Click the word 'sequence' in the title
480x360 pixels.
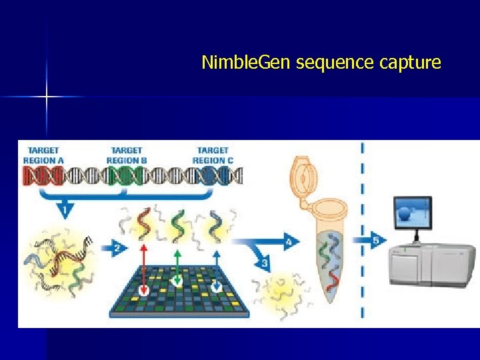pos(335,63)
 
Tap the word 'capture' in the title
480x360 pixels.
pos(410,63)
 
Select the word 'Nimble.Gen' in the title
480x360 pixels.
pos(247,63)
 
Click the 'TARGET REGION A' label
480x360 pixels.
pos(43,155)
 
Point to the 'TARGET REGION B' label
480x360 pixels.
pos(127,155)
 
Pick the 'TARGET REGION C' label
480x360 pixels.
pos(213,155)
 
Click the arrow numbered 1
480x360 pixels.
pos(65,207)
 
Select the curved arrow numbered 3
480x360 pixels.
pos(261,259)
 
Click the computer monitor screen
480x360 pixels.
pos(413,213)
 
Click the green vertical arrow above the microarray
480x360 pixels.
pos(177,264)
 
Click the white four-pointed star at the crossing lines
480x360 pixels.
pos(47,97)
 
